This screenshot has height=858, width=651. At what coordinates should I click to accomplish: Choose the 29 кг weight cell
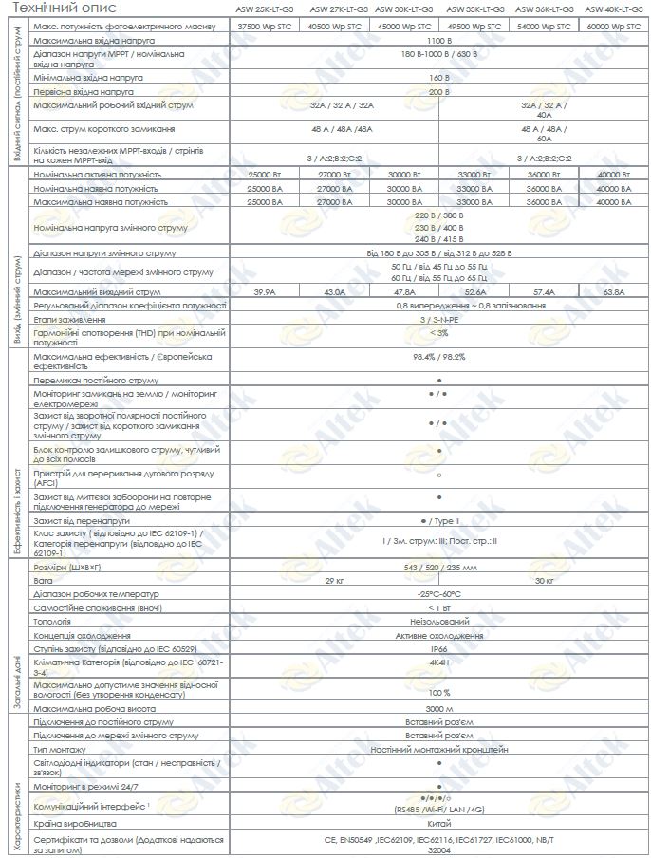click(335, 579)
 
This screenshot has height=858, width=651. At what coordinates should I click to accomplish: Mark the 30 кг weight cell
click(545, 579)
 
